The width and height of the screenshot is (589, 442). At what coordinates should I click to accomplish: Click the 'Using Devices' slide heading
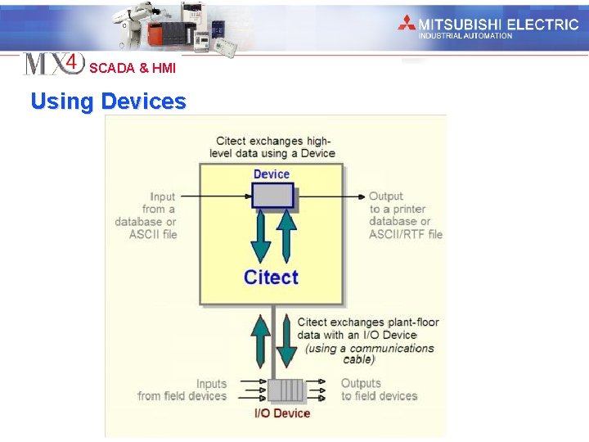108,101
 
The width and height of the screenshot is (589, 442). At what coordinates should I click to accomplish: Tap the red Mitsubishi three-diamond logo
407,24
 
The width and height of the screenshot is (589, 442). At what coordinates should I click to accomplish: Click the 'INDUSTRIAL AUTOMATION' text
465,36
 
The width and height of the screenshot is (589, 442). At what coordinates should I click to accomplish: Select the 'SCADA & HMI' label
132,68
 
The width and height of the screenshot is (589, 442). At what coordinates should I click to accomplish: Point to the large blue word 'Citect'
271,277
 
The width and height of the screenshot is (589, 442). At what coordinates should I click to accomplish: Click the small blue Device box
272,196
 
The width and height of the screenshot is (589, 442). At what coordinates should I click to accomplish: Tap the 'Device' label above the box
272,174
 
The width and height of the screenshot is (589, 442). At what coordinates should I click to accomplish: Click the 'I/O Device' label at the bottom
282,413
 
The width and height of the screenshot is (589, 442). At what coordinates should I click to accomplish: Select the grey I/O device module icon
286,390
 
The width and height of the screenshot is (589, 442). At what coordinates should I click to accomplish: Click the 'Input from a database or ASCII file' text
147,215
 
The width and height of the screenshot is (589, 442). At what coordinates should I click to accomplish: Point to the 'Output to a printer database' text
405,215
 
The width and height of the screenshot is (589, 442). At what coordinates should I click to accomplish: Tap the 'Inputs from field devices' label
182,390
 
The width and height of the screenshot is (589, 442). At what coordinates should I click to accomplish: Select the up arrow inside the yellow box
286,236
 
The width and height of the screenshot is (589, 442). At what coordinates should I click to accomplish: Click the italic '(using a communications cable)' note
370,354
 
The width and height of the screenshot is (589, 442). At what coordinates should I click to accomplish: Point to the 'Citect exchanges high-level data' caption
274,147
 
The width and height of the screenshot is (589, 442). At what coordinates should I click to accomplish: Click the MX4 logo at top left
53,64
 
